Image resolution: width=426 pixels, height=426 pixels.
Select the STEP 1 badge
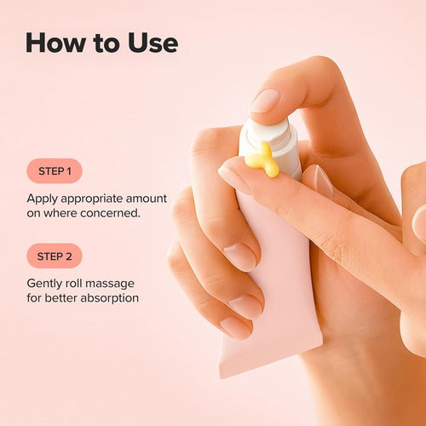coord(54,170)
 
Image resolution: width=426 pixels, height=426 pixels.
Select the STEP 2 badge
coord(54,256)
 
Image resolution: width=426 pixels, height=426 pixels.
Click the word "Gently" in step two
coord(44,283)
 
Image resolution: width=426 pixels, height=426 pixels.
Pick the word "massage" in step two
coord(115,283)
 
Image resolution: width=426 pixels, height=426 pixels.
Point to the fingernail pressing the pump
coord(265,101)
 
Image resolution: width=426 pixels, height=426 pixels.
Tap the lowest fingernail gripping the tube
coord(235,327)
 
